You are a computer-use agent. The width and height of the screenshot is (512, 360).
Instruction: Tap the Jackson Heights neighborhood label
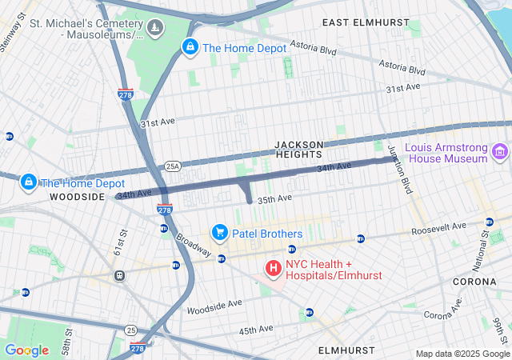click(298, 149)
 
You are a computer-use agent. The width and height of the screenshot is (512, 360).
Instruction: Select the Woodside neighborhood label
click(77, 196)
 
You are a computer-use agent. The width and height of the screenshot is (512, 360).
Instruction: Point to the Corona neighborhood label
click(475, 282)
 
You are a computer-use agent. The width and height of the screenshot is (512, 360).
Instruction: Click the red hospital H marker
click(272, 267)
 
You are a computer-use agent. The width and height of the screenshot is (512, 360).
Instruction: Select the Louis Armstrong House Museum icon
click(501, 151)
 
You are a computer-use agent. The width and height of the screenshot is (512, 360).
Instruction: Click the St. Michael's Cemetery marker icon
click(155, 29)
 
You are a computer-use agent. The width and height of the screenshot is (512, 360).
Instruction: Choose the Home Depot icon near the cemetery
click(190, 48)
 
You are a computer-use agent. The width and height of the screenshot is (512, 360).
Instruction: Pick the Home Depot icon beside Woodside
click(29, 182)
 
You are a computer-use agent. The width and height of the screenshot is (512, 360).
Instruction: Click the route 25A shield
click(174, 166)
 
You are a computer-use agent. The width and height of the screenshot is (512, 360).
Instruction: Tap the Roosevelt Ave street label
click(438, 227)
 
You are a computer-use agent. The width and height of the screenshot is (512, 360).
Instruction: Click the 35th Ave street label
click(275, 198)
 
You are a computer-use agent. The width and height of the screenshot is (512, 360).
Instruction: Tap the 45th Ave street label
click(257, 329)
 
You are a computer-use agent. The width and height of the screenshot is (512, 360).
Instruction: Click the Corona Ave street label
click(442, 310)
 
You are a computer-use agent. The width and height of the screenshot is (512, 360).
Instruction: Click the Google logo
click(26, 350)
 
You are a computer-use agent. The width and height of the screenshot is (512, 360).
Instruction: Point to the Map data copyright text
click(462, 354)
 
